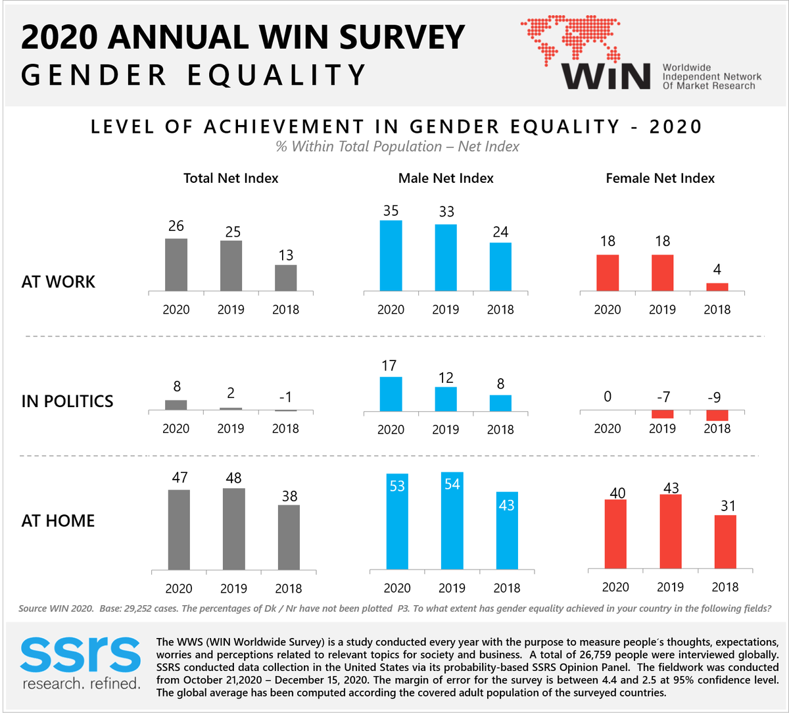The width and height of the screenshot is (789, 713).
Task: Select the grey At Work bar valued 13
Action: tap(285, 278)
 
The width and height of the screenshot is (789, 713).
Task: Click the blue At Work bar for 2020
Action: tap(391, 255)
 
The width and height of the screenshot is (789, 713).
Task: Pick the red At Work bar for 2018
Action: tap(717, 287)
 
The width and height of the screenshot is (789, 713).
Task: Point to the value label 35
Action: tap(391, 211)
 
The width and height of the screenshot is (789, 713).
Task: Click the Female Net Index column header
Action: tap(660, 178)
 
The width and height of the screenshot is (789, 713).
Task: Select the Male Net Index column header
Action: tap(446, 178)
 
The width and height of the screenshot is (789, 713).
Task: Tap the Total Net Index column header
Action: tap(231, 178)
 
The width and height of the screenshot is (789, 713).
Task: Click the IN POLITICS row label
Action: tap(67, 401)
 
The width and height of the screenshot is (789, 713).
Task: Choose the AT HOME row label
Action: tap(59, 521)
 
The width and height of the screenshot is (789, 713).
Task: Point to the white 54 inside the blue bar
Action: tap(452, 485)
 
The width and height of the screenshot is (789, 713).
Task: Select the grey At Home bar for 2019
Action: tap(233, 529)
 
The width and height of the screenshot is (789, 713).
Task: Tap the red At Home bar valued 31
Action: tap(725, 542)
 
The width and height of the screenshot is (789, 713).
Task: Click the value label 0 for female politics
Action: tap(608, 397)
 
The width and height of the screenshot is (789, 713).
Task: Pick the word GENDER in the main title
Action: tap(95, 75)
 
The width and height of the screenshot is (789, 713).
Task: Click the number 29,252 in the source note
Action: tap(146, 608)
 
